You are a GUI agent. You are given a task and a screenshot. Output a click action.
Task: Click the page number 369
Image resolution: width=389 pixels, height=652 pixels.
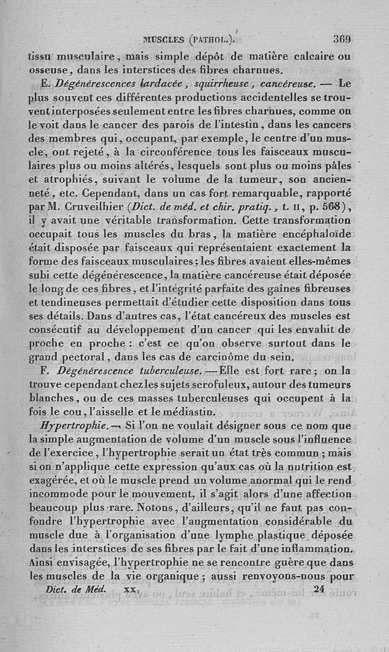pyautogui.click(x=342, y=39)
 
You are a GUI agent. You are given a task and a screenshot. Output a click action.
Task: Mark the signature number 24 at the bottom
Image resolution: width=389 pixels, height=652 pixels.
pyautogui.click(x=319, y=588)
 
